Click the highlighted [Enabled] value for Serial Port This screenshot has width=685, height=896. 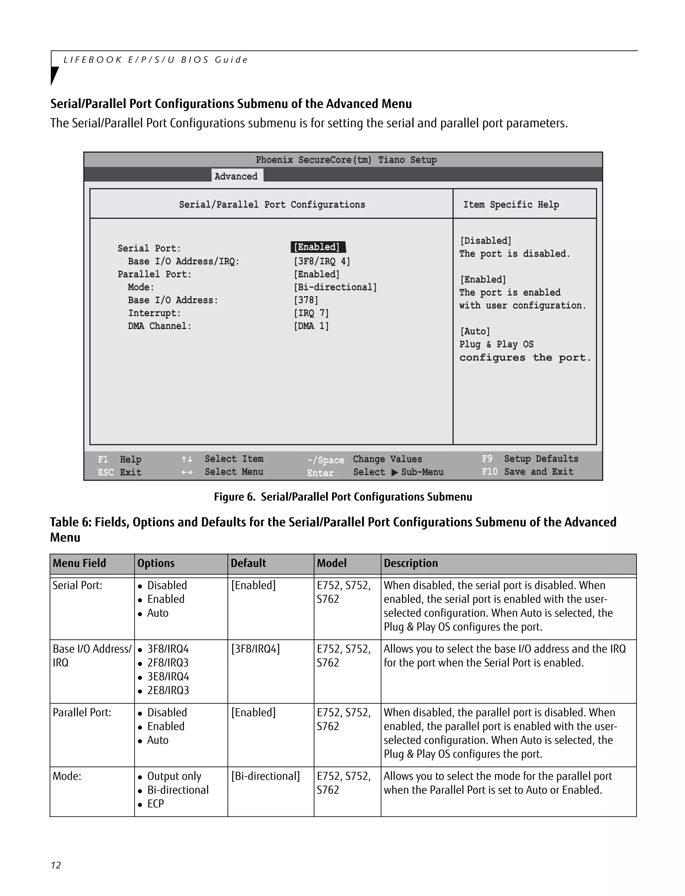pyautogui.click(x=317, y=247)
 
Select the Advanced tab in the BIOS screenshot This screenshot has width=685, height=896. pyautogui.click(x=236, y=176)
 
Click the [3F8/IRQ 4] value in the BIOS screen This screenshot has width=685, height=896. pyautogui.click(x=322, y=261)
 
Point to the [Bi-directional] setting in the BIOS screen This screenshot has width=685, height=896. pyautogui.click(x=335, y=287)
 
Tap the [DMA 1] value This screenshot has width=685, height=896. pyautogui.click(x=311, y=326)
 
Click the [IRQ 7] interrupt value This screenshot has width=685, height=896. pyautogui.click(x=311, y=313)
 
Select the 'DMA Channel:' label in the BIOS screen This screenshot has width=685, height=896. pyautogui.click(x=160, y=326)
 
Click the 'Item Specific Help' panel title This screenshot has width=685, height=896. pyautogui.click(x=511, y=205)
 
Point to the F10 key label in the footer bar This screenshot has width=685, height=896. pyautogui.click(x=489, y=472)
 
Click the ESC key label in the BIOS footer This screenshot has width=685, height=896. pyautogui.click(x=106, y=472)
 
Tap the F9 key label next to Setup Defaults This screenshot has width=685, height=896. pyautogui.click(x=487, y=459)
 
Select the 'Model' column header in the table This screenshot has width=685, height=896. pyautogui.click(x=331, y=563)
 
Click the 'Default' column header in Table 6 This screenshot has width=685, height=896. pyautogui.click(x=248, y=563)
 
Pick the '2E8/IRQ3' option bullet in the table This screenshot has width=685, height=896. pyautogui.click(x=168, y=690)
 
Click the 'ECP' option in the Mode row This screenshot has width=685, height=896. pyautogui.click(x=155, y=803)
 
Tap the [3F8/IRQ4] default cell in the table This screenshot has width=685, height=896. pyautogui.click(x=255, y=649)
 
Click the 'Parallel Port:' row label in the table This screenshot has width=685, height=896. pyautogui.click(x=82, y=712)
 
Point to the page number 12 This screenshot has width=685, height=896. pyautogui.click(x=56, y=865)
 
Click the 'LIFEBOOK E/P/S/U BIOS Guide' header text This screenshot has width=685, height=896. pyautogui.click(x=155, y=60)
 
